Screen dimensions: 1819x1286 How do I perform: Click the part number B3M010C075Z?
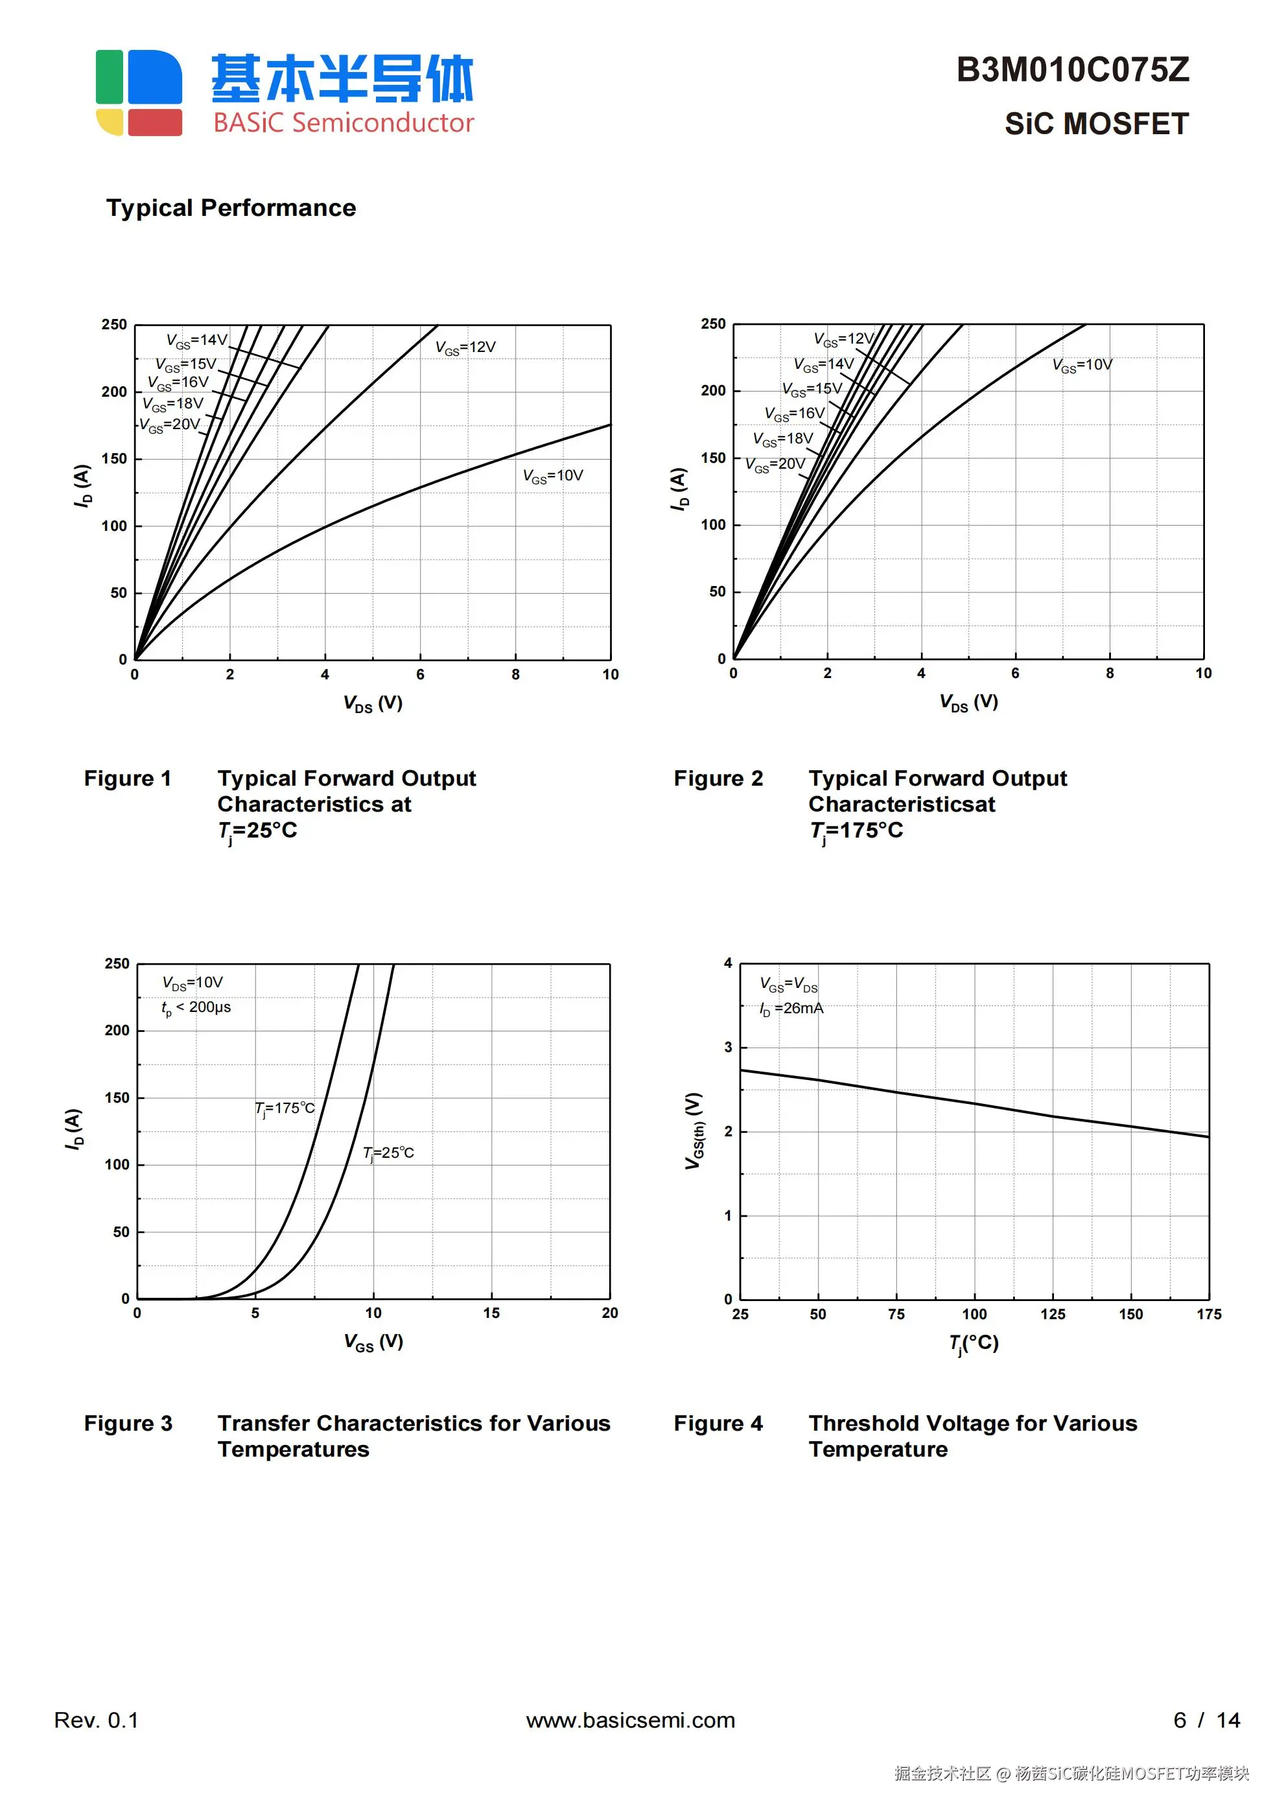coord(1072,71)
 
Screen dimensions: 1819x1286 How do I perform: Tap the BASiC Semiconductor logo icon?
coord(139,93)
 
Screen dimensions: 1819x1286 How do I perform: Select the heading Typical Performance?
coord(231,207)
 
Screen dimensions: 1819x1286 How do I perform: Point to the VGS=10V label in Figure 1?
coord(552,476)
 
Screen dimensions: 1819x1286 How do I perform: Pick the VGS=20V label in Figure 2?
coord(775,465)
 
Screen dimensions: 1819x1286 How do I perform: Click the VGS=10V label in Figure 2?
coord(1082,365)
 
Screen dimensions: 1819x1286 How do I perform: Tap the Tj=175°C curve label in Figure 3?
coord(285,1109)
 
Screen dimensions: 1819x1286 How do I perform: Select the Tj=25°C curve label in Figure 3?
coord(388,1153)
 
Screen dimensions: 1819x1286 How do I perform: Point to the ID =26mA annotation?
coord(791,1009)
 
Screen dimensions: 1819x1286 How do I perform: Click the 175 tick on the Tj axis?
coord(1208,1315)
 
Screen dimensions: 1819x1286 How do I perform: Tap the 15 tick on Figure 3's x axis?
coord(491,1313)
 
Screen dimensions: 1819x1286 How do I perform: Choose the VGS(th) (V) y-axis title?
coord(694,1131)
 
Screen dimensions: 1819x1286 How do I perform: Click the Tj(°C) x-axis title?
coord(974,1343)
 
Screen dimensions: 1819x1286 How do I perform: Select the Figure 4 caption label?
coord(718,1423)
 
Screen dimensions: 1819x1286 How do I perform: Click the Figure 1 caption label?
coord(128,778)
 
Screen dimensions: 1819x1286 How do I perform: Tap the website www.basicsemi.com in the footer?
coord(630,1720)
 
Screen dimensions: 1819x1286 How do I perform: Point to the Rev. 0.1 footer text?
coord(96,1720)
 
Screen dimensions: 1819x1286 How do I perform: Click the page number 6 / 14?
coord(1206,1720)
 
